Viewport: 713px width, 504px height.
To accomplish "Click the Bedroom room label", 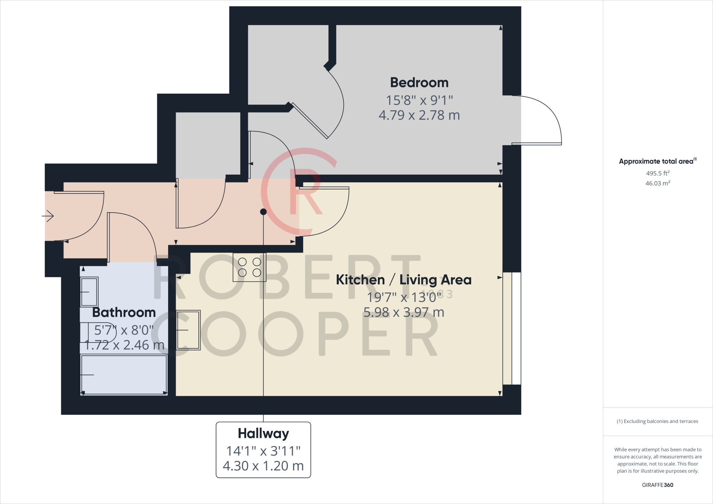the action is click(419, 82).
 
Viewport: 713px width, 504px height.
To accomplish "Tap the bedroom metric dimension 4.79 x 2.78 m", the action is click(419, 115).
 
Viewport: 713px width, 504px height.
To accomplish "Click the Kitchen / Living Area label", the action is click(403, 280).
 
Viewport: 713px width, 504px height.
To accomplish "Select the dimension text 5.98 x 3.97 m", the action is click(404, 312).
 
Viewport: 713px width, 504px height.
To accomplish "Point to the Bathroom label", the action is click(124, 312).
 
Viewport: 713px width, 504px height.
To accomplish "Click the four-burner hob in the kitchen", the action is click(250, 267).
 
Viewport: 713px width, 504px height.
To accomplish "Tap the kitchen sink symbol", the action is click(188, 330).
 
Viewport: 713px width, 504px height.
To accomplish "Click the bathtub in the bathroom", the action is click(124, 375).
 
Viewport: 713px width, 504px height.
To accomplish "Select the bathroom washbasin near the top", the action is click(89, 292).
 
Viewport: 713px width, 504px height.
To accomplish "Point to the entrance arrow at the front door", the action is click(48, 216).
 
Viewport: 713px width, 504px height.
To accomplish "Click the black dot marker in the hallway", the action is click(264, 212).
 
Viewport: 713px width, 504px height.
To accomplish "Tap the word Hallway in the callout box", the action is click(264, 433).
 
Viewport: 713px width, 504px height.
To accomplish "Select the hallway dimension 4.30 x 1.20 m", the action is click(263, 466).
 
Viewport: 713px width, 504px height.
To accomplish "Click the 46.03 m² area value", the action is click(658, 183).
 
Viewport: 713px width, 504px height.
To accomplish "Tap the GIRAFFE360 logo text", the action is click(658, 485).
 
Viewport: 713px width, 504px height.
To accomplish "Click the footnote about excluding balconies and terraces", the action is click(658, 421).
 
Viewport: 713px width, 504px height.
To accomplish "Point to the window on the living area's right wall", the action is click(512, 329).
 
